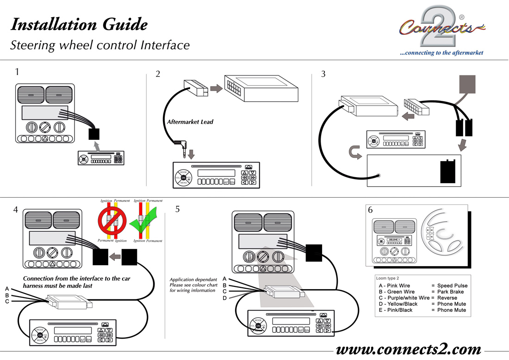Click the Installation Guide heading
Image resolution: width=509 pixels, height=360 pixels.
click(79, 24)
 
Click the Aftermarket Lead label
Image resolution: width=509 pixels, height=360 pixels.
click(190, 122)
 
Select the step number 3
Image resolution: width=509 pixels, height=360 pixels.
click(323, 74)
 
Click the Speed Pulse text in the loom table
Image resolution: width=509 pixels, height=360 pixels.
click(452, 286)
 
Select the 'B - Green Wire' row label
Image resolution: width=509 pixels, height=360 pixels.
click(397, 292)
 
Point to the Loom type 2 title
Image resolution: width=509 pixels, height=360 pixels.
click(388, 279)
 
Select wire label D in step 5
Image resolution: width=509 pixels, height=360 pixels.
click(224, 298)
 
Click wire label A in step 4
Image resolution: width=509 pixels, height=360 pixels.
click(7, 289)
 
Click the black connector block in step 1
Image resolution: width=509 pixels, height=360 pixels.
click(95, 134)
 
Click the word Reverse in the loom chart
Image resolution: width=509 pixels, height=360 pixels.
click(447, 298)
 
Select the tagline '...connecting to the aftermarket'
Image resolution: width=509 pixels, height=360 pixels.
click(441, 53)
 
